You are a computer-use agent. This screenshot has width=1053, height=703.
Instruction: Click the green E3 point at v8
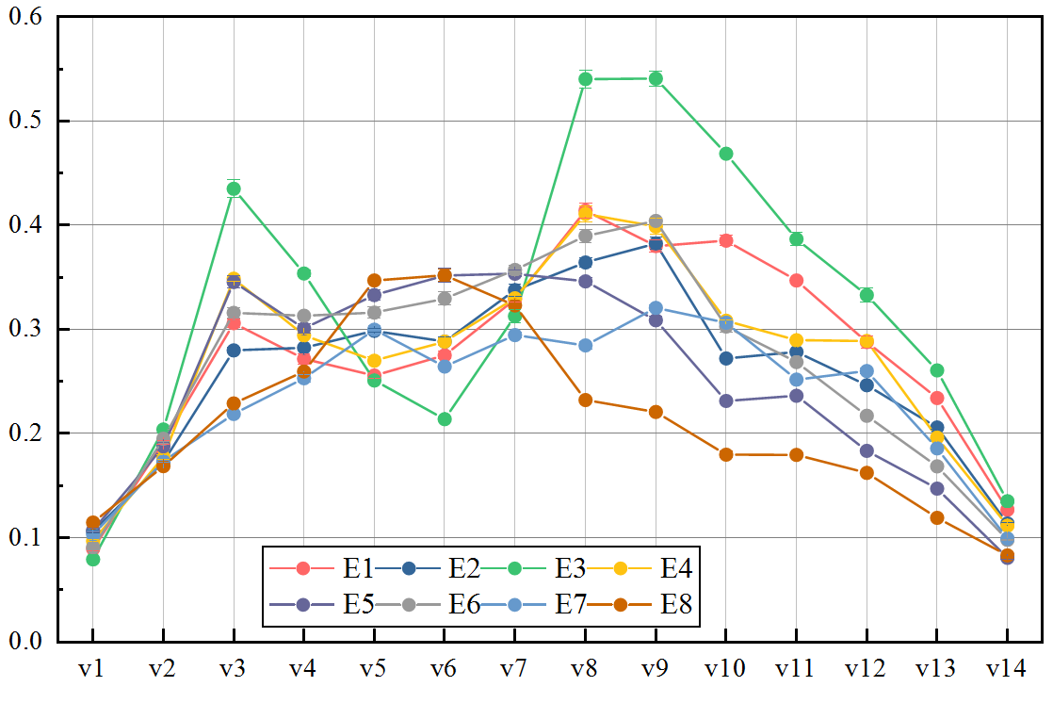coord(585,79)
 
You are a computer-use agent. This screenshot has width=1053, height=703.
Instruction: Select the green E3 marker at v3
coord(233,188)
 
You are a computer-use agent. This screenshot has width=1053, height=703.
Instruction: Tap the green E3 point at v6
coord(445,419)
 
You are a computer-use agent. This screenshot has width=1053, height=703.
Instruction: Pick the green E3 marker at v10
coord(725,154)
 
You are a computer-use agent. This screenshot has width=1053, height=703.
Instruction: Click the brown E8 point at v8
coord(585,400)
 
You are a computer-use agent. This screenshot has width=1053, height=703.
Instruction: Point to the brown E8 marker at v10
coord(725,454)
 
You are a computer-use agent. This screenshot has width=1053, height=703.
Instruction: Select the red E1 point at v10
coord(725,240)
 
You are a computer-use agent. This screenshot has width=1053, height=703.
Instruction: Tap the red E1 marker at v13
coord(936,398)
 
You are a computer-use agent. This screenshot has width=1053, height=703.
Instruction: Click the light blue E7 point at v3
coord(233,414)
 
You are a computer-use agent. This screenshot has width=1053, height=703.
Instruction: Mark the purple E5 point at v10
coord(725,401)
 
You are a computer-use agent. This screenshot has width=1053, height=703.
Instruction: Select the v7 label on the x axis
coord(514,669)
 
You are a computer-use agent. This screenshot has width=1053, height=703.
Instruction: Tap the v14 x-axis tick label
coord(1007,669)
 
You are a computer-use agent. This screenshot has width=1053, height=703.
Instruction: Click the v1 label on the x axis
coord(92,669)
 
